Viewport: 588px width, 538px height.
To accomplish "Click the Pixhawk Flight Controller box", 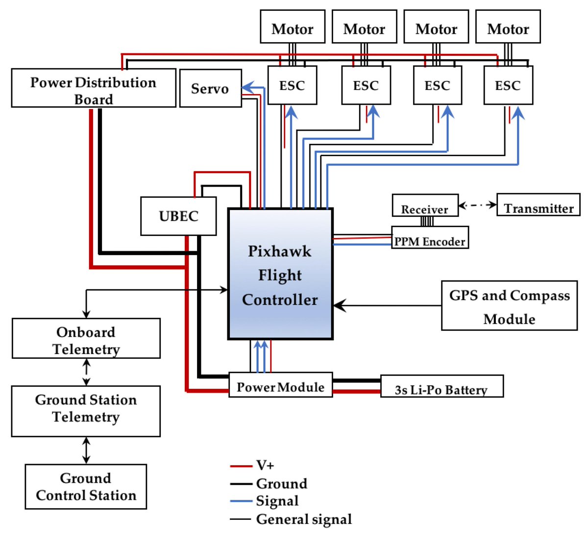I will [280, 274].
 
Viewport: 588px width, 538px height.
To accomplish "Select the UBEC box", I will [178, 216].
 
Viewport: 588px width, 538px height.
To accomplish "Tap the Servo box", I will [210, 88].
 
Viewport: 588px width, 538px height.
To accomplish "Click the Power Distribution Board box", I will [93, 88].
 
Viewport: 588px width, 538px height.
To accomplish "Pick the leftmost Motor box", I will [292, 27].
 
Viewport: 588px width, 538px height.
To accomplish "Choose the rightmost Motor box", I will [508, 27].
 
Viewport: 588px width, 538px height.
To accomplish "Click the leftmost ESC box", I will [292, 85].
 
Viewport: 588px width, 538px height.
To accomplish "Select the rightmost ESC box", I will [508, 85].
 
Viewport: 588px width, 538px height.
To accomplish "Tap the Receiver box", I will [425, 206].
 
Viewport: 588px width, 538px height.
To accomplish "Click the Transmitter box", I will [538, 205].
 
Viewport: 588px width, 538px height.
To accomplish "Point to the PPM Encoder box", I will [430, 237].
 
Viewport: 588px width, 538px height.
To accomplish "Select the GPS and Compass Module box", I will [509, 306].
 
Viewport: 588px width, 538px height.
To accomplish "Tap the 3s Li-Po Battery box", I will [441, 386].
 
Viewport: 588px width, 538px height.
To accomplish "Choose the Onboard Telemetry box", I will [86, 338].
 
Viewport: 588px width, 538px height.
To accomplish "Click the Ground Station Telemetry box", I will [86, 411].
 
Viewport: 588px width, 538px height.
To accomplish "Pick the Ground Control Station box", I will [86, 487].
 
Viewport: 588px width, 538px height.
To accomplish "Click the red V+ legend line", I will [241, 466].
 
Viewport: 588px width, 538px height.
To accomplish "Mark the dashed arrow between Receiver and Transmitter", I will [477, 205].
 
